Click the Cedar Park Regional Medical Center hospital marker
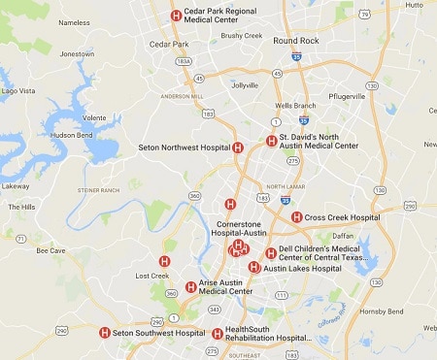point(176,15)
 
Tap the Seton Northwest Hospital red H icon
point(238,147)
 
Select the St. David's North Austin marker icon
point(271,141)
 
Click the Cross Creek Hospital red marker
point(296,217)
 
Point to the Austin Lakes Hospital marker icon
point(254,267)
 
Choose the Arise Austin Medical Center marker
point(190,286)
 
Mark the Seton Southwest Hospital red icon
point(104,333)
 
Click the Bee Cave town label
point(50,250)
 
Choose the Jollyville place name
point(245,85)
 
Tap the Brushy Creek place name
point(242,36)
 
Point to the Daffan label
point(343,236)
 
